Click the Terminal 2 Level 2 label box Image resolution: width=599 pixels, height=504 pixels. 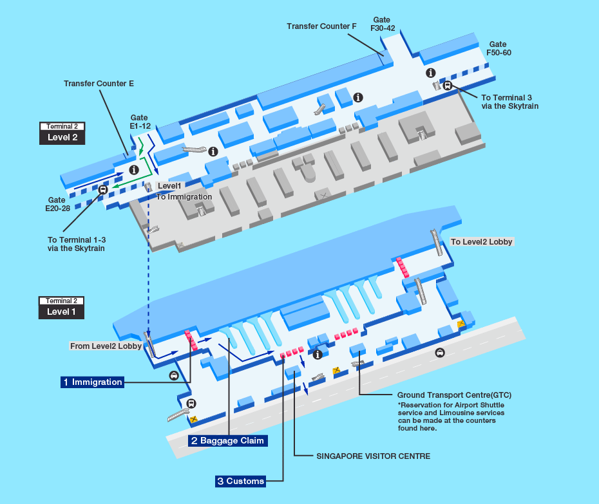pyautogui.click(x=62, y=133)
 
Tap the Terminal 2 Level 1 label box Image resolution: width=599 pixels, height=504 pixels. pyautogui.click(x=61, y=308)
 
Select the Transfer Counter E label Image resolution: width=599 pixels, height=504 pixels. pyautogui.click(x=99, y=84)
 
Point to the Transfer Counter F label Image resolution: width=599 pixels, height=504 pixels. pyautogui.click(x=321, y=26)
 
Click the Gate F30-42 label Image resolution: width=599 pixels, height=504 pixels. pyautogui.click(x=383, y=24)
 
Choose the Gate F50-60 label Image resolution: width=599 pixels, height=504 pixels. pyautogui.click(x=499, y=48)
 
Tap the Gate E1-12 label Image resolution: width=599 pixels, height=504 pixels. pyautogui.click(x=140, y=122)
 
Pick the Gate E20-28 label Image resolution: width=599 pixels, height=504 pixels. pyautogui.click(x=58, y=204)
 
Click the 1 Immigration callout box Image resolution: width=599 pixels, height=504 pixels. pyautogui.click(x=93, y=382)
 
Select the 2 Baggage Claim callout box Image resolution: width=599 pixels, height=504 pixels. pyautogui.click(x=227, y=441)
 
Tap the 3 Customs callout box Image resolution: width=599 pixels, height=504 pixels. pyautogui.click(x=241, y=481)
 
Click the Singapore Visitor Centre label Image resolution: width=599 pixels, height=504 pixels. pyautogui.click(x=373, y=456)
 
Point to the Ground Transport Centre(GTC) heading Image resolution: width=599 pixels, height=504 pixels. pyautogui.click(x=454, y=395)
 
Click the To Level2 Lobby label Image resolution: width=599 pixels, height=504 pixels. pyautogui.click(x=481, y=241)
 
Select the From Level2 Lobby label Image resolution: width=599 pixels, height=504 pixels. pyautogui.click(x=106, y=346)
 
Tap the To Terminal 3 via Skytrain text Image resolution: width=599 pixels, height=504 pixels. pyautogui.click(x=509, y=102)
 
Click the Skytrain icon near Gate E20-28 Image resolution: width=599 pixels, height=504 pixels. pyautogui.click(x=103, y=189)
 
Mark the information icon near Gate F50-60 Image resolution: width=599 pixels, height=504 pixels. pyautogui.click(x=431, y=73)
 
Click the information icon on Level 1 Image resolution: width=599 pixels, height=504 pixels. pyautogui.click(x=318, y=355)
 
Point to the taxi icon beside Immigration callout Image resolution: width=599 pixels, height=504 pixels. pyautogui.click(x=174, y=376)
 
